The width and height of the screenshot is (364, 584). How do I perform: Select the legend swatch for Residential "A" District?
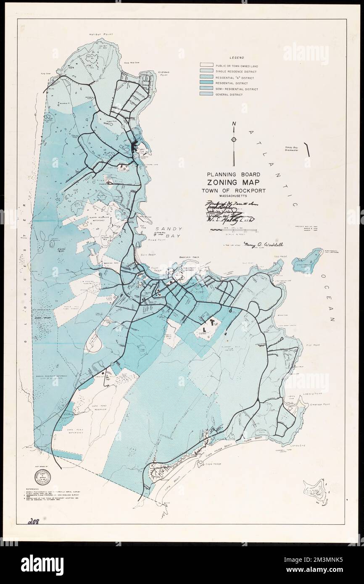pyautogui.click(x=207, y=78)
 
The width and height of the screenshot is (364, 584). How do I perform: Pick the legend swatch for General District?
pyautogui.click(x=207, y=95)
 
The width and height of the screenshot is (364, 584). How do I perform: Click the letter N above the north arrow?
pyautogui.click(x=234, y=124)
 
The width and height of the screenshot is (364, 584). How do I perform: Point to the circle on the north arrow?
pyautogui.click(x=234, y=139)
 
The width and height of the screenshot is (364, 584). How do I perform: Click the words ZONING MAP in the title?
pyautogui.click(x=232, y=182)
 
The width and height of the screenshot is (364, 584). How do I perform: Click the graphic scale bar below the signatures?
pyautogui.click(x=233, y=230)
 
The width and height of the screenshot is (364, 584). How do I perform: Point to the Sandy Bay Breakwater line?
pyautogui.click(x=307, y=149)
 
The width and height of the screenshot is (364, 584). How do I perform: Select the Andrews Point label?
pyautogui.click(x=163, y=74)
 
